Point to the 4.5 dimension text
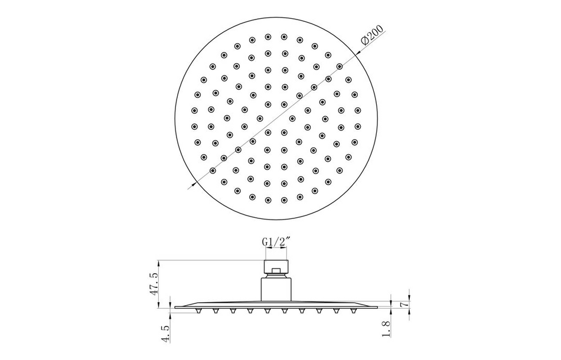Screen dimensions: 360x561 [167, 330]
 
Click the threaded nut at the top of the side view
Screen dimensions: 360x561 [276, 264]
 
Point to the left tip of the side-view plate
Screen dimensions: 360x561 [175, 307]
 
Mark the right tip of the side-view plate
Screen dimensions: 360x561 [378, 307]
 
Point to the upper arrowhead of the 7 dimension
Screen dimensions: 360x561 [391, 298]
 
